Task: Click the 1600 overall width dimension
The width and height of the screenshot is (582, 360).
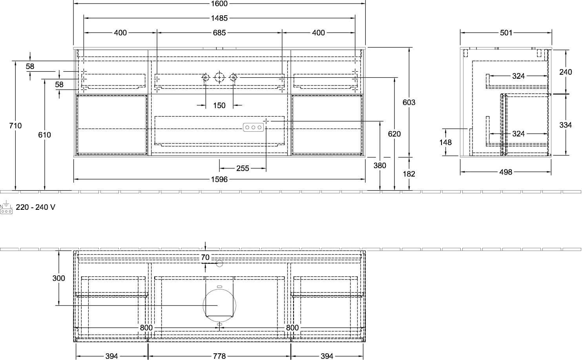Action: (x=219, y=4)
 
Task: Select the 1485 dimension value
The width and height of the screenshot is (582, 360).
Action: (x=219, y=18)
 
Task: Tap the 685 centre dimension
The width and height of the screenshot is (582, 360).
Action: (x=219, y=33)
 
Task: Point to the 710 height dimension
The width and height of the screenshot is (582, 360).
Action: (x=15, y=125)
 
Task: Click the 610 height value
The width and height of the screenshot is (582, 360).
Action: (x=44, y=135)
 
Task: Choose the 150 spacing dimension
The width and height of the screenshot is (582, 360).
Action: (x=219, y=105)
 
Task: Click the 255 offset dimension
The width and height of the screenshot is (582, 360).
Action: (x=243, y=169)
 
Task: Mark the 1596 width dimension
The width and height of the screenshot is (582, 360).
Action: (x=219, y=179)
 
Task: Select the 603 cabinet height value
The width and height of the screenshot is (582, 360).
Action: (x=409, y=102)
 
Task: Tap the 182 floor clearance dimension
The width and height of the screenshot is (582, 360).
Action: (x=409, y=174)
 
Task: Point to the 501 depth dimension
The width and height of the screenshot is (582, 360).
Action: (x=506, y=33)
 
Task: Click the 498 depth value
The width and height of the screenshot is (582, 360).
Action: (x=505, y=172)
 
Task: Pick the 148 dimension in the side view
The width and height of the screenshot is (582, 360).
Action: (x=445, y=142)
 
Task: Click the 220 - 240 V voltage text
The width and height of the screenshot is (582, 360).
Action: (x=36, y=207)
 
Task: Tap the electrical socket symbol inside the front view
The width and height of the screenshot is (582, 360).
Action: (x=254, y=127)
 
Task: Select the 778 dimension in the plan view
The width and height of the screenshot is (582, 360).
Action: (x=219, y=356)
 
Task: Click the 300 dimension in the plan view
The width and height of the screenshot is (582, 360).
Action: (x=59, y=278)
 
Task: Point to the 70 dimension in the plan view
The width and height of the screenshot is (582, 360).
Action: (x=205, y=257)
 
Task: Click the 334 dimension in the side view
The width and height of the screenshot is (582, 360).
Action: (x=566, y=125)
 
